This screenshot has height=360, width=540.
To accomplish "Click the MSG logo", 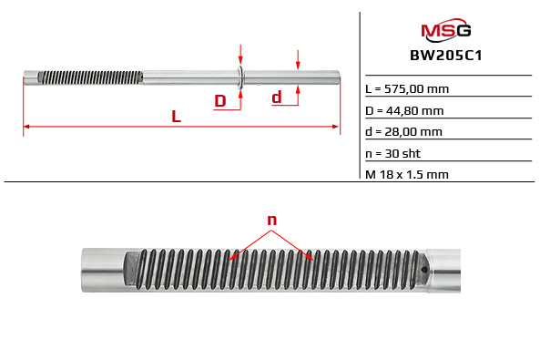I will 445,33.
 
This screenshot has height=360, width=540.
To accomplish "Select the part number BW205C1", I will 445,56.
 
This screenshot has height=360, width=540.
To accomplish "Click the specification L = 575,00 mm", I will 406,89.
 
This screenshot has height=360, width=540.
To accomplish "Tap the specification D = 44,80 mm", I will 404,110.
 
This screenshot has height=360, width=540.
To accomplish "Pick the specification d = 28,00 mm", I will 403,131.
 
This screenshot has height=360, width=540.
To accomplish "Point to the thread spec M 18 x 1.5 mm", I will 407,173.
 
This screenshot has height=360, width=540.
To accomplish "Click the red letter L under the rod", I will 176,117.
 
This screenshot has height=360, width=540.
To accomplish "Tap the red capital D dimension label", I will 219,100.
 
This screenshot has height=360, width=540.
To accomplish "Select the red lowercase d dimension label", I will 277,97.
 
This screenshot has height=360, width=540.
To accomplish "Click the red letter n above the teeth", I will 271,220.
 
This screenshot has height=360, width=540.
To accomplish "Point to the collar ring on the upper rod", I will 240,77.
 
